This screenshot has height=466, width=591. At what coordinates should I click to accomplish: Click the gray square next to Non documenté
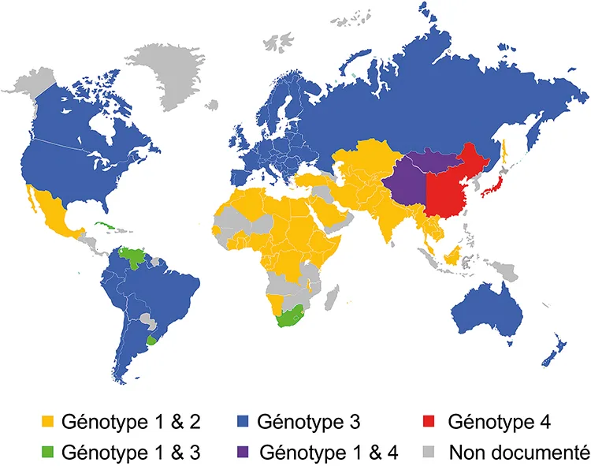(426, 453)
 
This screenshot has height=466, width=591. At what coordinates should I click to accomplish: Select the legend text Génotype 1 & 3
(130, 453)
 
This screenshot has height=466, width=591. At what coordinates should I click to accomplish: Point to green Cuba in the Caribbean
(106, 226)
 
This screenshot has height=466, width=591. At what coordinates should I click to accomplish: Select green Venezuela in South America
(132, 257)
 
